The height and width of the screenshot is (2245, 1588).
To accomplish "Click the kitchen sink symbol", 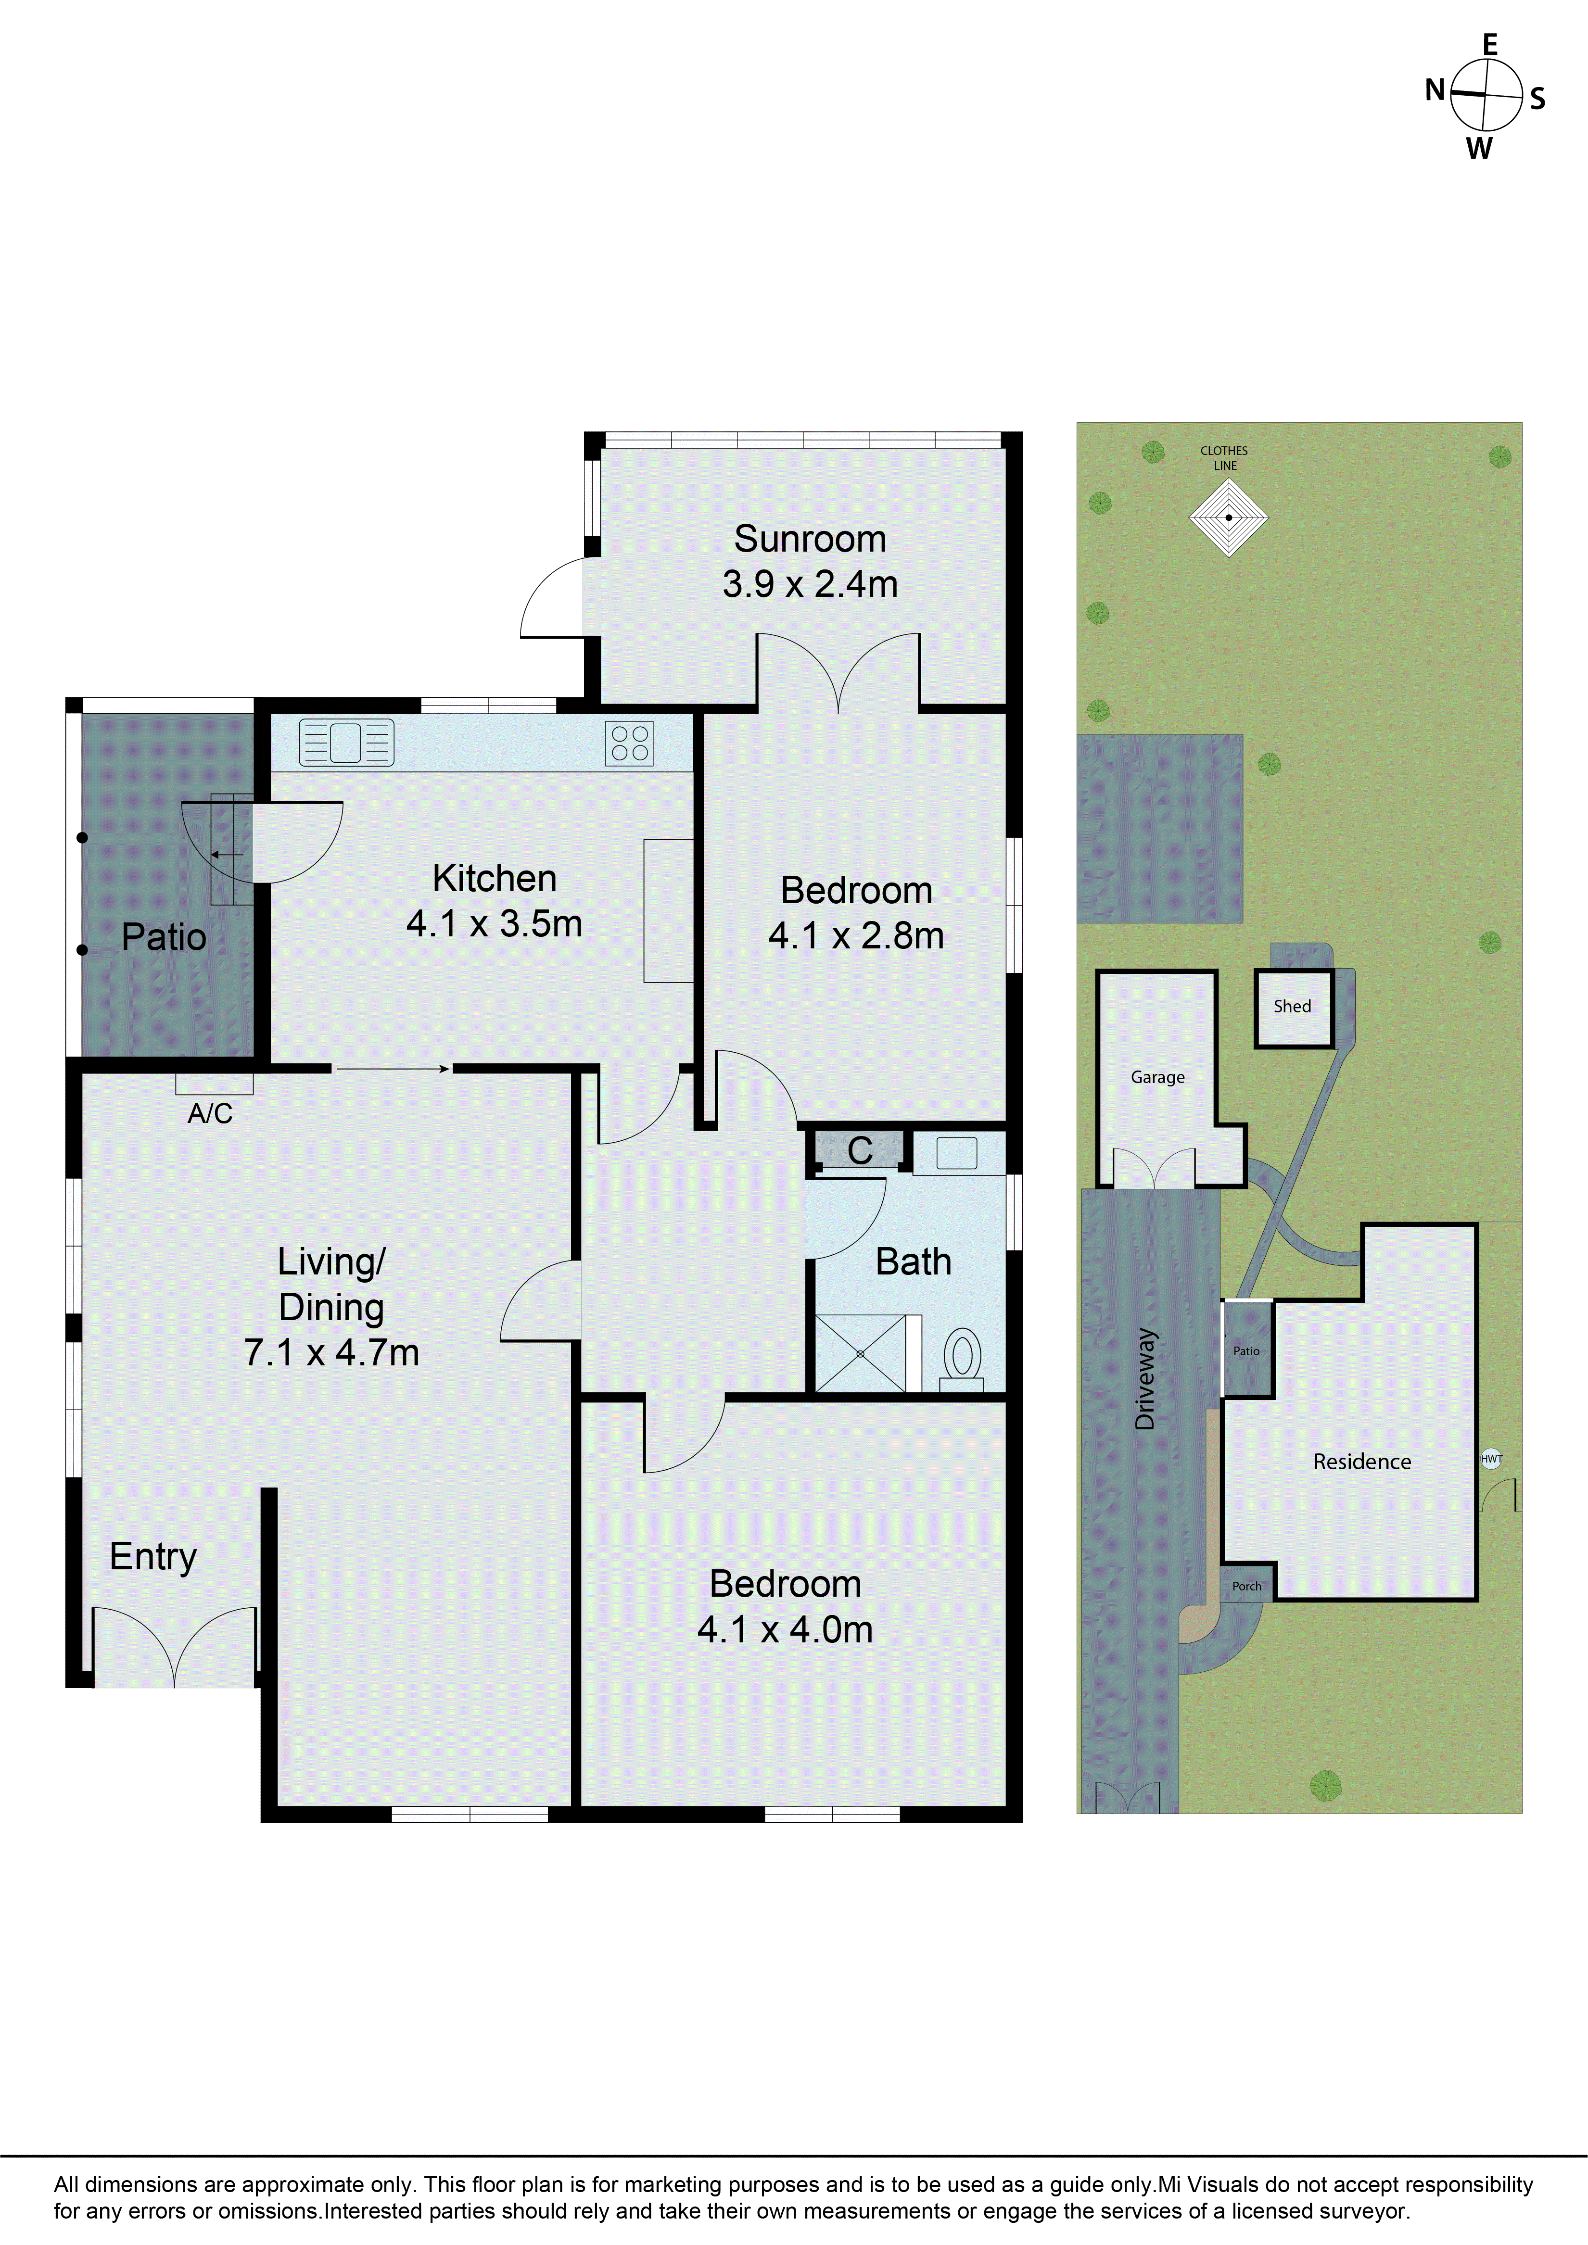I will coord(346,742).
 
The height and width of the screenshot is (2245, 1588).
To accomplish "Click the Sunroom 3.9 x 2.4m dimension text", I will coord(810,584).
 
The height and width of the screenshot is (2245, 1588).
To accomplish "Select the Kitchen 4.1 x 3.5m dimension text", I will coord(494,923).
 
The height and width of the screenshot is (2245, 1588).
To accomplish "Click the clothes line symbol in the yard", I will coord(1228,517).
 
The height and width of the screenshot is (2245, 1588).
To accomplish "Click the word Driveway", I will coord(1145,1379).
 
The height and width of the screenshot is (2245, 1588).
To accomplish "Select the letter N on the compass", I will coord(1435,91).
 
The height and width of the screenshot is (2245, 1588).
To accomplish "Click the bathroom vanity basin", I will coord(956,1153).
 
